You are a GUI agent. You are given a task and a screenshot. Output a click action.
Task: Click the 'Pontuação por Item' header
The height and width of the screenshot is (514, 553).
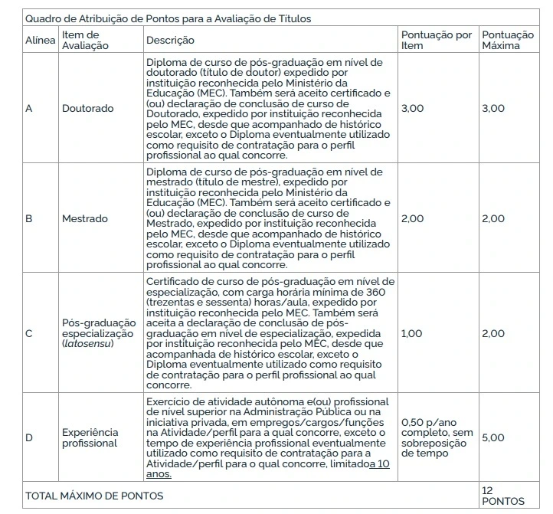click(437, 40)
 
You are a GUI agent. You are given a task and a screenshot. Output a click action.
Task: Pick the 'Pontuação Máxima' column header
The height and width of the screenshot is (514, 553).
click(507, 40)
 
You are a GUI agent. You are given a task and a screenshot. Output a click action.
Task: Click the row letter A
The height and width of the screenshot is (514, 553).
click(29, 108)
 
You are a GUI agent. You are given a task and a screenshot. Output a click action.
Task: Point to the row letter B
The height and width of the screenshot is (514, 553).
click(29, 218)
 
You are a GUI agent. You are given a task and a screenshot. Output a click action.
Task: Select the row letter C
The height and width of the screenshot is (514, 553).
click(29, 333)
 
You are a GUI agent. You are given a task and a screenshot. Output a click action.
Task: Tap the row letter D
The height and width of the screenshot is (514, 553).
click(29, 437)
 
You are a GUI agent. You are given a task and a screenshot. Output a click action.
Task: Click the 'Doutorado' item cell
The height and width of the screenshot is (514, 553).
click(87, 108)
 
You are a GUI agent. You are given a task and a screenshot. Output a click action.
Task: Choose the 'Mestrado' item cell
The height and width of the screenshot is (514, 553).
click(85, 218)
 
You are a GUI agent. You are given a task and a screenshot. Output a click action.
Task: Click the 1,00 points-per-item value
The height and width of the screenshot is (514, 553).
click(412, 333)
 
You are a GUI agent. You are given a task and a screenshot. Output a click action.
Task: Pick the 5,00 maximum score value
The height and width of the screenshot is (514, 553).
click(492, 437)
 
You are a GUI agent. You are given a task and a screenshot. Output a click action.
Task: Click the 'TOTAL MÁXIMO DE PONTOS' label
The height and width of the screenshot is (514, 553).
click(93, 496)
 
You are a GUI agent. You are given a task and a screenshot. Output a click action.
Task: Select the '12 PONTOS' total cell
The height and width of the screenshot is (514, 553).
click(503, 496)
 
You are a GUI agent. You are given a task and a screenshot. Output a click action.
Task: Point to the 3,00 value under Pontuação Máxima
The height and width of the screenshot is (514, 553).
click(492, 108)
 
